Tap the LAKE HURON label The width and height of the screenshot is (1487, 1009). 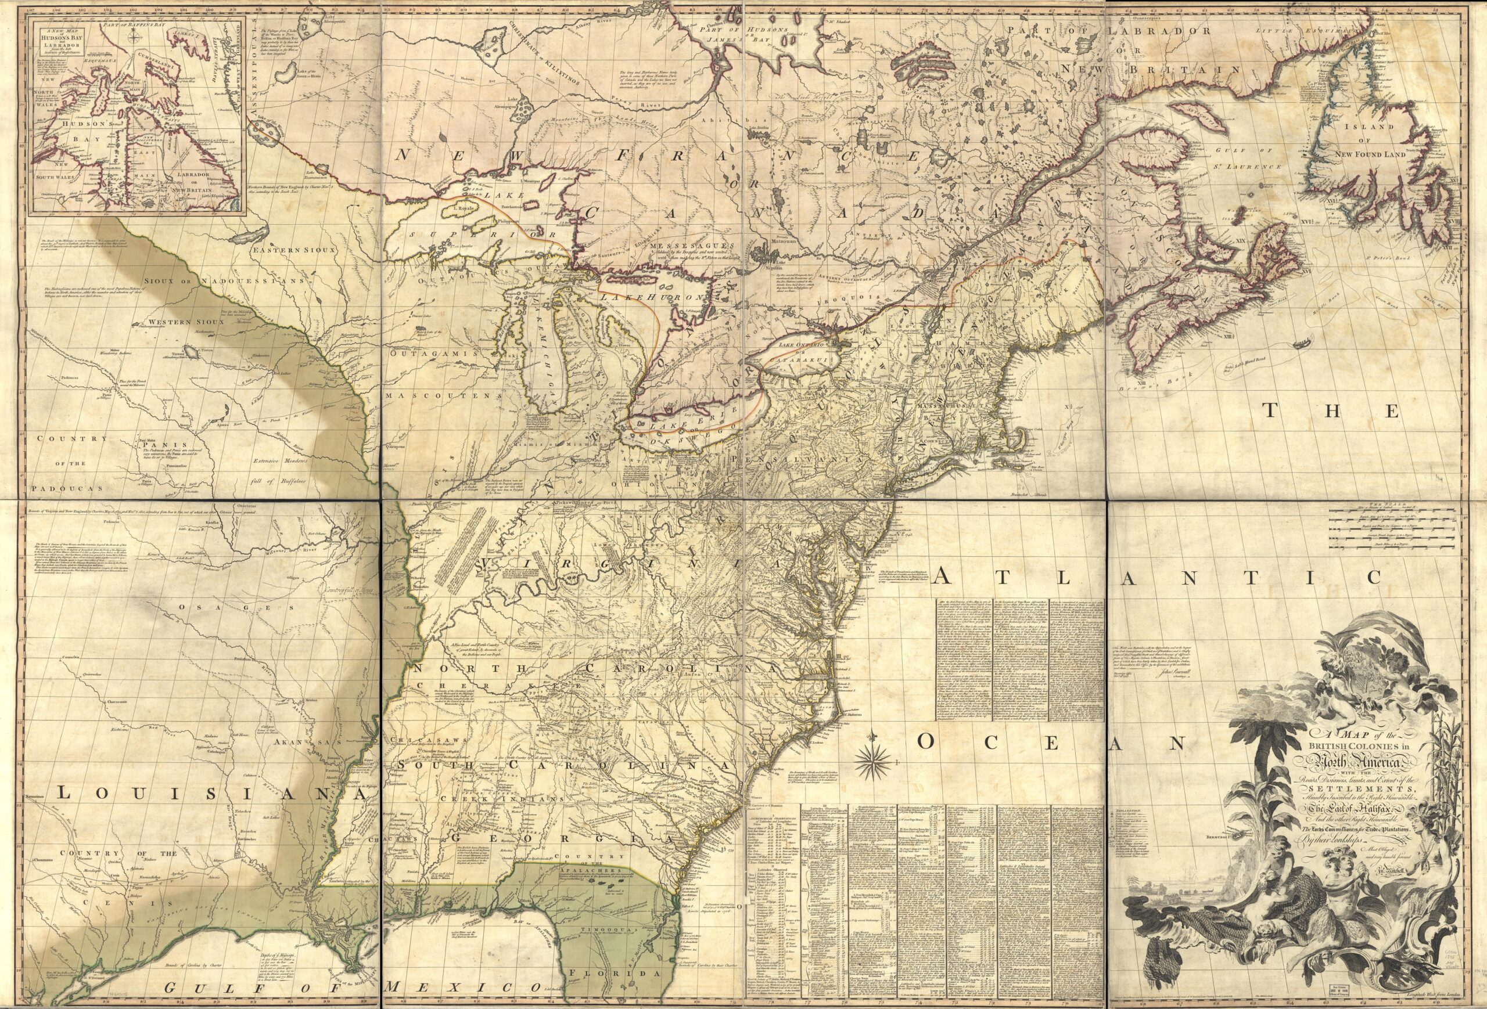tap(653, 298)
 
